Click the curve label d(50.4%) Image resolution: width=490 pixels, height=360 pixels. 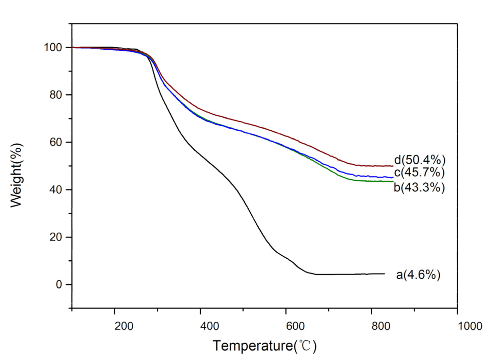pos(420,160)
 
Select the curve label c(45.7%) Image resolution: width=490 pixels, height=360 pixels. pos(419,173)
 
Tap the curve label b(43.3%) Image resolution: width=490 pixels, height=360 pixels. pos(419,187)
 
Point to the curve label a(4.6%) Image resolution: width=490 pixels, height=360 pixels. pos(418,275)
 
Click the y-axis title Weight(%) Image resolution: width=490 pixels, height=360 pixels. pos(16,175)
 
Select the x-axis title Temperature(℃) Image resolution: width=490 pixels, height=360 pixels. pos(265,346)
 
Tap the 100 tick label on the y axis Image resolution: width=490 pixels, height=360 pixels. pos(53,48)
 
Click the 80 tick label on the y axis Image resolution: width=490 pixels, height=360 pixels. pos(56,95)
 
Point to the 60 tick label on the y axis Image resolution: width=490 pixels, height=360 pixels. pos(56,142)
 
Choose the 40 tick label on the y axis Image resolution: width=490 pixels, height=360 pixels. pos(56,190)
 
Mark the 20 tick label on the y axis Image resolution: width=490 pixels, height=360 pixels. pos(56,237)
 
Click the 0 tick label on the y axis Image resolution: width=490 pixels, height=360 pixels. pos(59,284)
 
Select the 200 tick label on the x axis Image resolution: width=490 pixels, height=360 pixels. pos(124,326)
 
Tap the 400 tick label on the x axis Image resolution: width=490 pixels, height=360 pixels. pos(210,326)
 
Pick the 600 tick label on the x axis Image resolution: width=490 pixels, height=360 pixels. pos(295,326)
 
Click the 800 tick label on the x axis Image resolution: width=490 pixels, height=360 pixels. pos(381,326)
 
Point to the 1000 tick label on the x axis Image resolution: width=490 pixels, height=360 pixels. pos(470,326)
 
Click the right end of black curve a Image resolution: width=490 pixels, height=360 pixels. pos(385,274)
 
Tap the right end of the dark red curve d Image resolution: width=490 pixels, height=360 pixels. pos(393,166)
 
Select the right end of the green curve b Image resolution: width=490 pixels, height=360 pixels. pos(393,181)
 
